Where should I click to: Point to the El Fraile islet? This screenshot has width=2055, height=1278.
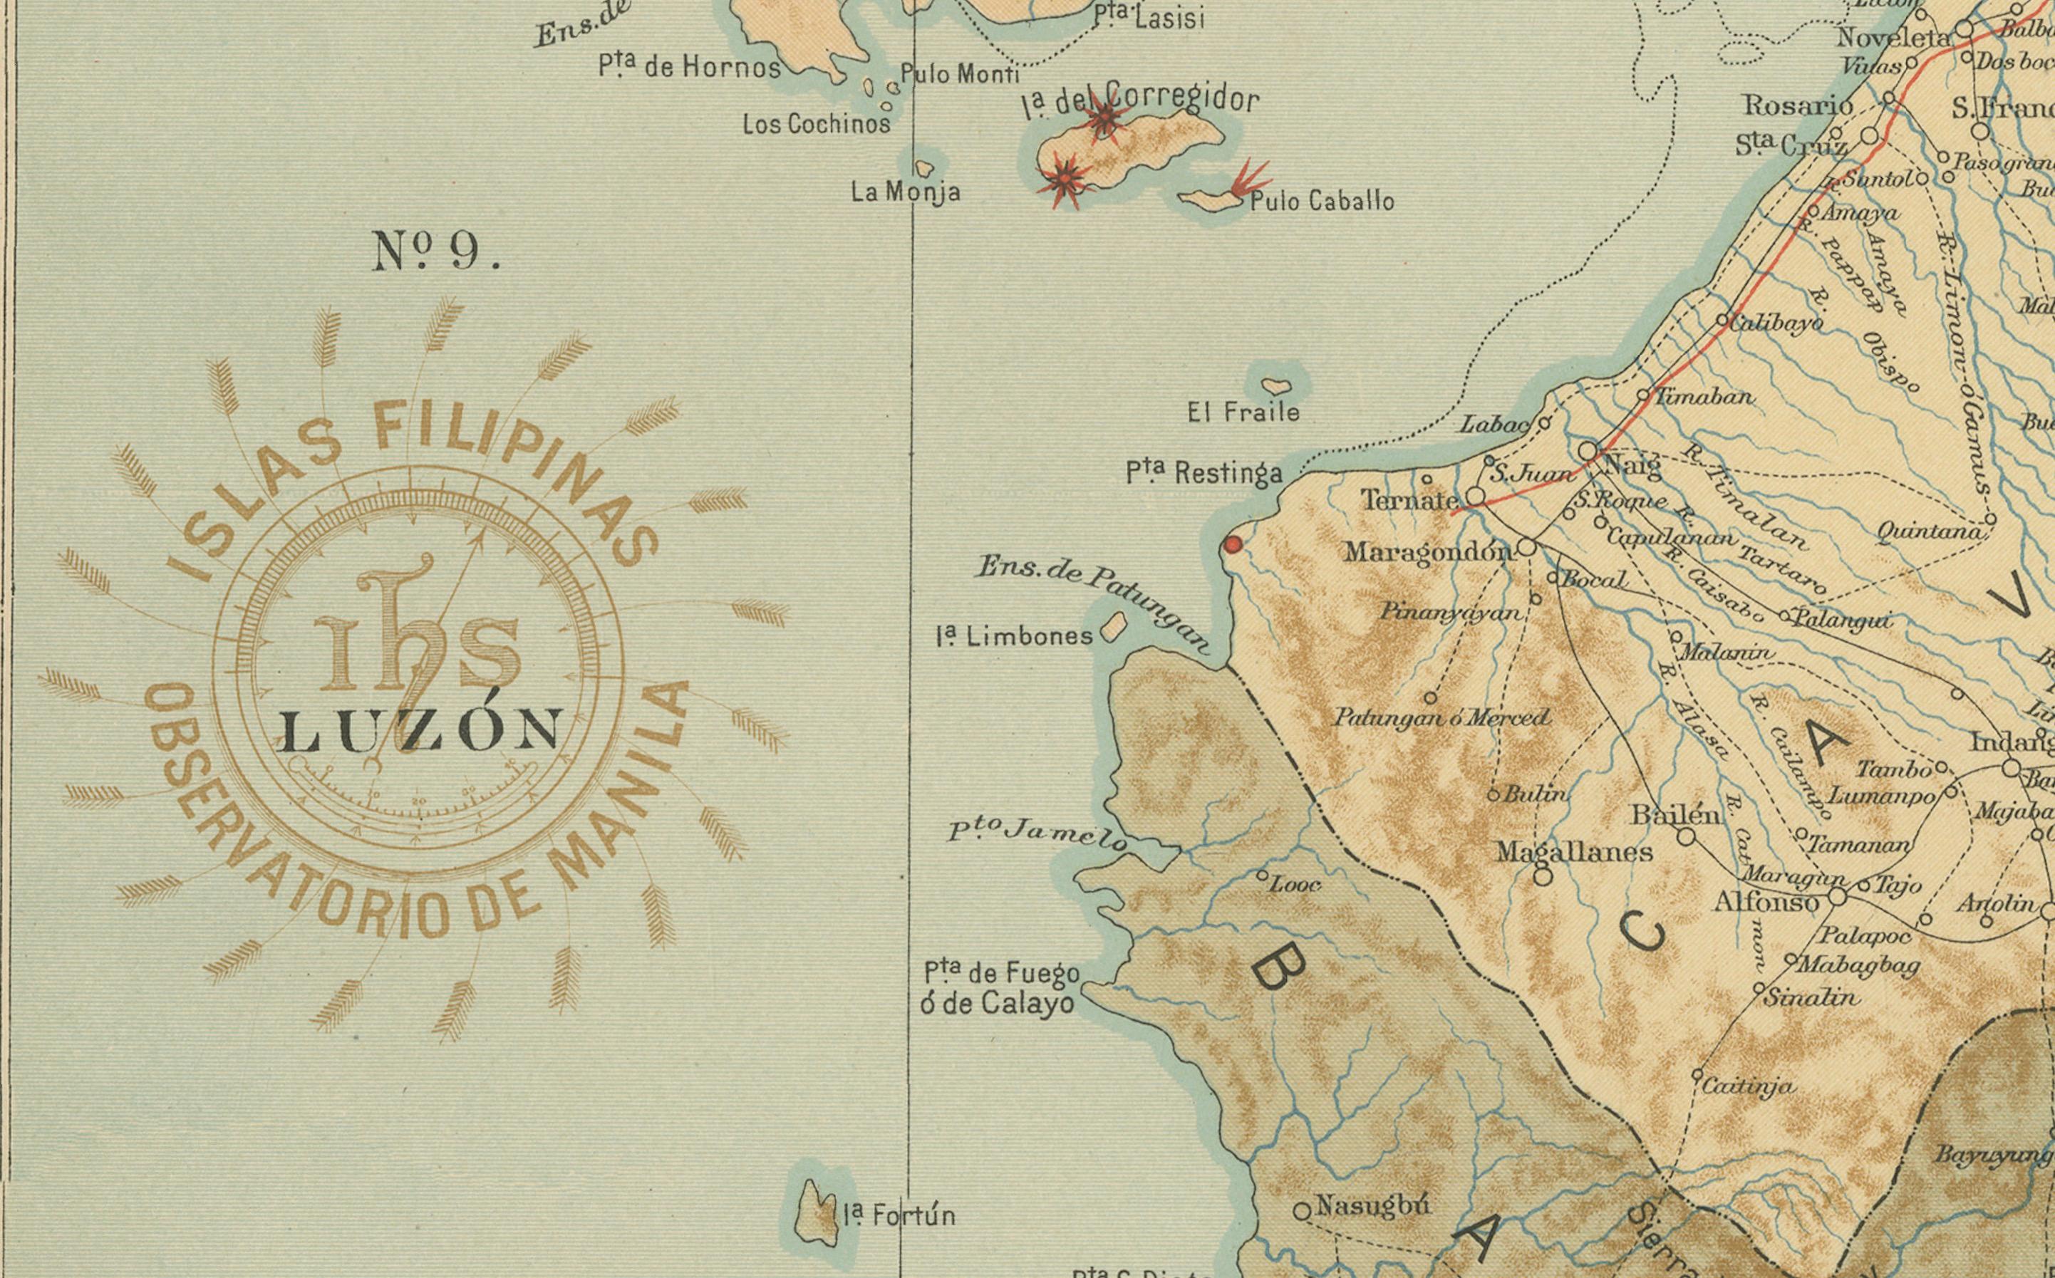[1276, 387]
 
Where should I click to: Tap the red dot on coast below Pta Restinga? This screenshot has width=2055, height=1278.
[1233, 545]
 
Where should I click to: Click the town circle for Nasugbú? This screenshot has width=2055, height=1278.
[1302, 1211]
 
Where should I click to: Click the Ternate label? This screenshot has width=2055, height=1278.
[1409, 500]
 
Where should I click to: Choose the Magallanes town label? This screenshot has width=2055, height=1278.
[1574, 851]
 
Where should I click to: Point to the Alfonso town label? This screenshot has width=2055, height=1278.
[1766, 903]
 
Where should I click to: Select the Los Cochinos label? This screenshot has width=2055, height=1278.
[816, 124]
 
